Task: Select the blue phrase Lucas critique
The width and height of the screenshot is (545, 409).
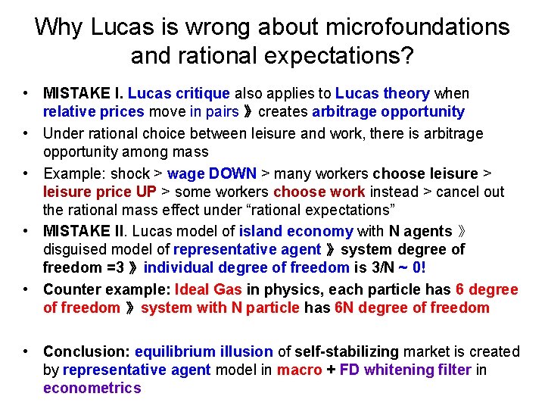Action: pos(179,93)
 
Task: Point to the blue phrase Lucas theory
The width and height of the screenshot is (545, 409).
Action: pos(382,93)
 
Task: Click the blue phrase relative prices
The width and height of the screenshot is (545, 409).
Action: pos(93,112)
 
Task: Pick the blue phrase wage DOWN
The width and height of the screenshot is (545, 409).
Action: pos(212,173)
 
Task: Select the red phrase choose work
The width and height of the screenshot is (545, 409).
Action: pos(319,192)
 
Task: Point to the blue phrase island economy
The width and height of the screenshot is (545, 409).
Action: pos(296,231)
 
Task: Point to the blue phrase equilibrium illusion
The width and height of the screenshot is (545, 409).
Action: pos(204,351)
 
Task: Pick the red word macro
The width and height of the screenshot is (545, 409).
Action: pos(299,370)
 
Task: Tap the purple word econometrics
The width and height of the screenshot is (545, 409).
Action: pos(92,389)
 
